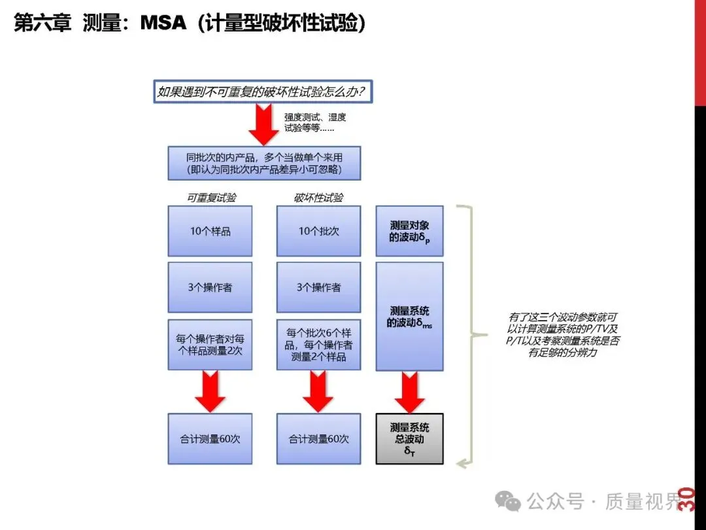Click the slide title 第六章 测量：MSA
[x=189, y=24]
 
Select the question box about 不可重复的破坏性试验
[x=263, y=92]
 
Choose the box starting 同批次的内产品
[x=264, y=163]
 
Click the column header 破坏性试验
[x=318, y=198]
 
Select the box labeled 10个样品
[x=210, y=231]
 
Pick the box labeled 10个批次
[x=318, y=231]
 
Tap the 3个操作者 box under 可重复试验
[x=210, y=287]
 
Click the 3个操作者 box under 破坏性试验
[x=318, y=287]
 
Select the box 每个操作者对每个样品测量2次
[x=210, y=345]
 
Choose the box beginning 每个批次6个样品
[x=318, y=345]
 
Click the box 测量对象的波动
[x=410, y=231]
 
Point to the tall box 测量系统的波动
[x=410, y=316]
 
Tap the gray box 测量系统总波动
[x=410, y=438]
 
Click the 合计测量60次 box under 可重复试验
[x=210, y=439]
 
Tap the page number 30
[x=686, y=499]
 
